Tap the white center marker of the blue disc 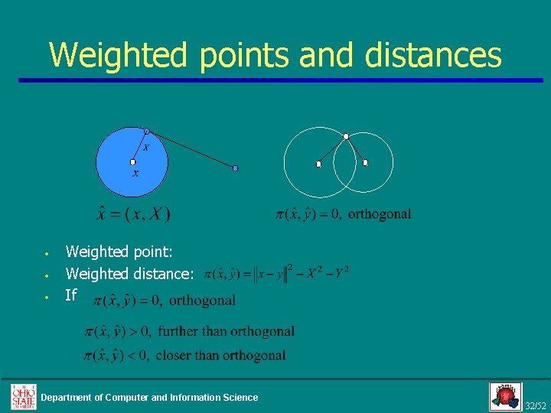tap(133, 162)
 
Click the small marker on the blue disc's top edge tap(147, 131)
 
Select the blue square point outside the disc tap(236, 168)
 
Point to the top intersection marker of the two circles tap(346, 136)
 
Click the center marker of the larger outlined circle tap(319, 164)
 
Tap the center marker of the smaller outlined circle tap(365, 162)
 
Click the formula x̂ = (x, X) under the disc tap(133, 214)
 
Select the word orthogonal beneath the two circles tap(380, 214)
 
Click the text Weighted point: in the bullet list tap(119, 251)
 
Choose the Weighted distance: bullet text tap(129, 273)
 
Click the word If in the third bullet tap(71, 295)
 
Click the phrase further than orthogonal tap(227, 332)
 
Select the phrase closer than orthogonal tap(222, 356)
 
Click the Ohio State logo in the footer tap(23, 396)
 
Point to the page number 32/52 tap(536, 405)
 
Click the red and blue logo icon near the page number tap(505, 396)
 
